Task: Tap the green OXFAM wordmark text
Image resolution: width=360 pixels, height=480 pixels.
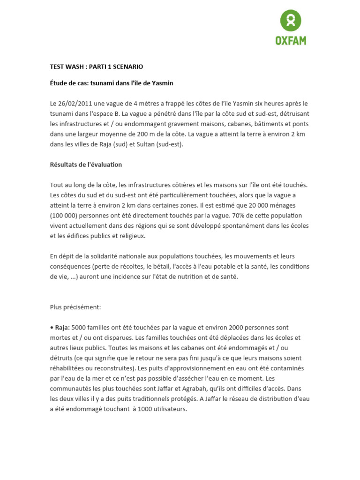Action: [291, 41]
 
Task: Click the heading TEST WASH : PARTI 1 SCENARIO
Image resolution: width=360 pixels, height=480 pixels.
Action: [97, 67]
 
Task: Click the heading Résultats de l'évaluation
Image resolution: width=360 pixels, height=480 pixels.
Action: [86, 165]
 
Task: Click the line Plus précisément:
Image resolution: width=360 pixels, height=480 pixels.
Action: [75, 307]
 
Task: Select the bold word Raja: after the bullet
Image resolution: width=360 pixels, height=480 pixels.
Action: [62, 328]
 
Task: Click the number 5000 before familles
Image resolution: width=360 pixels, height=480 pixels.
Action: [79, 328]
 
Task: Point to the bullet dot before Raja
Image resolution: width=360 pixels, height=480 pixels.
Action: [52, 328]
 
